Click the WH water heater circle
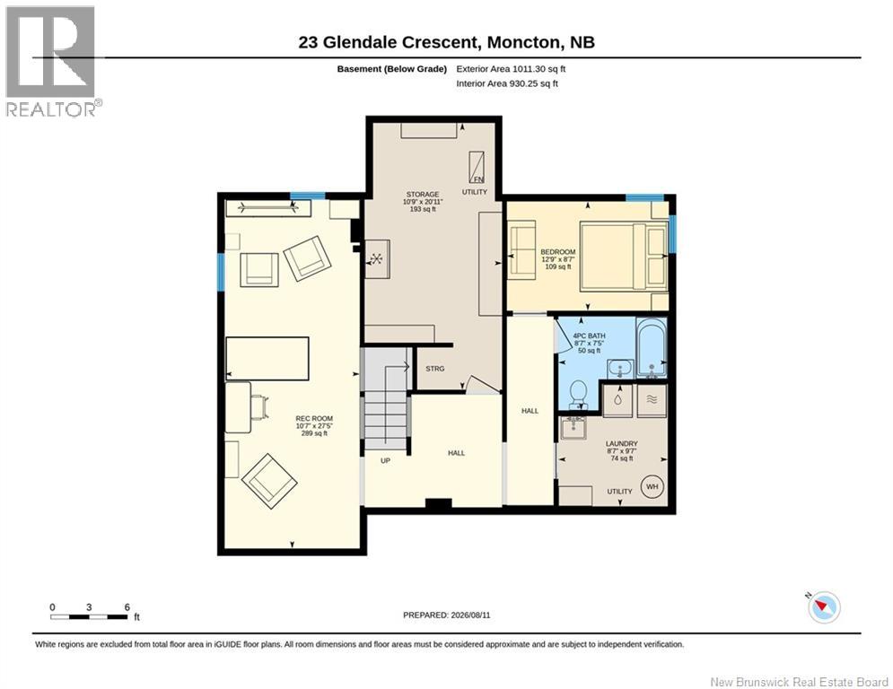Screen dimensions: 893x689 pyautogui.click(x=652, y=486)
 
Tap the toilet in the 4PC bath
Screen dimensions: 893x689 pyautogui.click(x=578, y=394)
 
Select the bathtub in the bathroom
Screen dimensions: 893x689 pyautogui.click(x=652, y=347)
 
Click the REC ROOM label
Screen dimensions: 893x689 pyautogui.click(x=314, y=419)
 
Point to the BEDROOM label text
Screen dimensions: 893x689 pyautogui.click(x=558, y=252)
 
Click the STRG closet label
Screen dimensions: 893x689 pyautogui.click(x=434, y=369)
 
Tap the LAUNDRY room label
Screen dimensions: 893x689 pyautogui.click(x=621, y=443)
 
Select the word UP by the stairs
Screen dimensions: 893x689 pyautogui.click(x=385, y=460)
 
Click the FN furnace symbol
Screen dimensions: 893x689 pyautogui.click(x=477, y=168)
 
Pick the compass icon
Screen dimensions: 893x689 pyautogui.click(x=824, y=607)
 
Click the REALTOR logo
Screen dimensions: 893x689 pyautogui.click(x=52, y=62)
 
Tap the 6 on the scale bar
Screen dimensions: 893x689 pyautogui.click(x=127, y=607)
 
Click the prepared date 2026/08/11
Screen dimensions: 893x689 pyautogui.click(x=470, y=615)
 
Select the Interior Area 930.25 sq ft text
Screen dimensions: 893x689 pyautogui.click(x=507, y=83)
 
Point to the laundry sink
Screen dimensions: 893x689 pyautogui.click(x=573, y=427)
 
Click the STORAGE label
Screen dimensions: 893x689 pyautogui.click(x=423, y=194)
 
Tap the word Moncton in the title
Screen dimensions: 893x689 pyautogui.click(x=523, y=42)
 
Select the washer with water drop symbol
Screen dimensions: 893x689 pyautogui.click(x=617, y=400)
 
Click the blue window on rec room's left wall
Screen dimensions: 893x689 pyautogui.click(x=221, y=272)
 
